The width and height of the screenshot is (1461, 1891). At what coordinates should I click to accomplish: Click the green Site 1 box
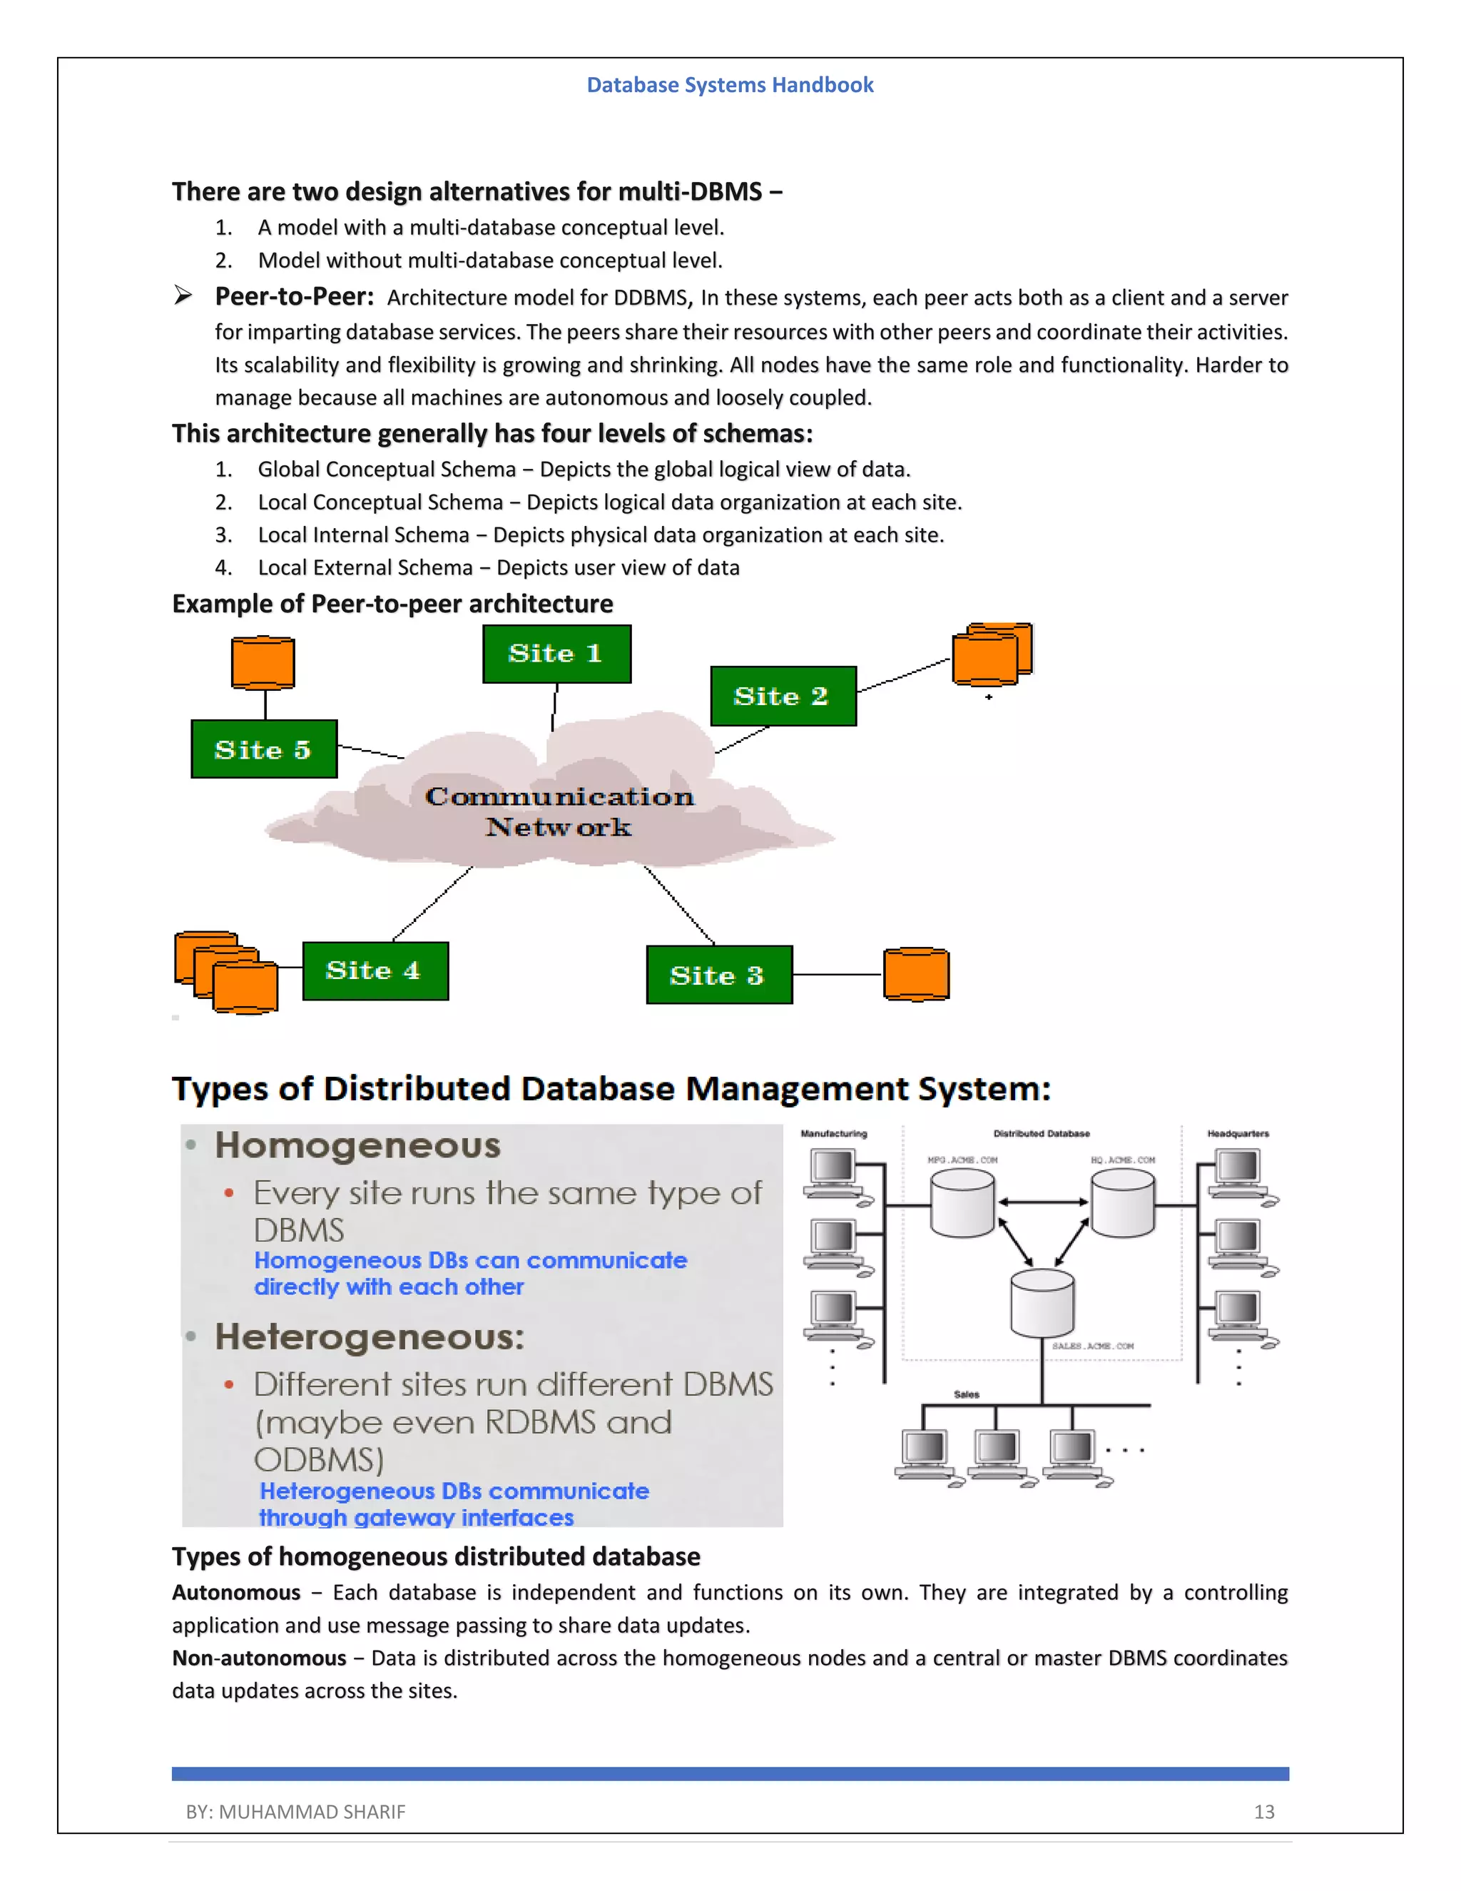556,654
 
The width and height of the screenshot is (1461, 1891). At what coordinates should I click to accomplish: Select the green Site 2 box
783,696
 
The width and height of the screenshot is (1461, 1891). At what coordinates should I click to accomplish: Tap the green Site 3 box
718,975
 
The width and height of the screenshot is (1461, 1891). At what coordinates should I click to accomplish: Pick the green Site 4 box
375,970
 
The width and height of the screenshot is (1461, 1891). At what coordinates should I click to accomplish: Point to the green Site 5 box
264,749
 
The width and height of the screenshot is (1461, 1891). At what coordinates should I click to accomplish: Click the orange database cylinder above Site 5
263,663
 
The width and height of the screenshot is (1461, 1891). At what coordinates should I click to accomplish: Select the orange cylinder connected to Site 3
916,974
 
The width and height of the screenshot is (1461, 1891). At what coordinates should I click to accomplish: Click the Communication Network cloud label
559,811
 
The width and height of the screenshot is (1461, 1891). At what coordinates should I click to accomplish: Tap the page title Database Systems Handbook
730,85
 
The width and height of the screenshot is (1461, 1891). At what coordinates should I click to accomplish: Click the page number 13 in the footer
1263,1811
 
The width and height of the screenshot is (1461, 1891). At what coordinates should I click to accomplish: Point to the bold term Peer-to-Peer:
295,297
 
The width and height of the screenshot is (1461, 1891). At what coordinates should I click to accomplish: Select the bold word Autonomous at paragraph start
235,1592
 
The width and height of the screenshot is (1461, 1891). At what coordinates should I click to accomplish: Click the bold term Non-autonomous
259,1658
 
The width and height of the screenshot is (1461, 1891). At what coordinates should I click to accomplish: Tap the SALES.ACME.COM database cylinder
1042,1303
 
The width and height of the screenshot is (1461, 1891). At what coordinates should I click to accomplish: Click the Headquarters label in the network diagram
1238,1133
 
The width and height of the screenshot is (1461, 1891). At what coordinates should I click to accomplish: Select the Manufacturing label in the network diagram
833,1133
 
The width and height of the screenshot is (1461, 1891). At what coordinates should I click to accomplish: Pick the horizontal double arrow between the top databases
1042,1202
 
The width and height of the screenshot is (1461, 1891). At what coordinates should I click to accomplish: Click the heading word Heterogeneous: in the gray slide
370,1337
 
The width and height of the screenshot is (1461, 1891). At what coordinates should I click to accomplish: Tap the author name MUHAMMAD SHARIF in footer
312,1811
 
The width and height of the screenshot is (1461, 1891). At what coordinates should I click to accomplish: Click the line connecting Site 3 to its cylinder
837,975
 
